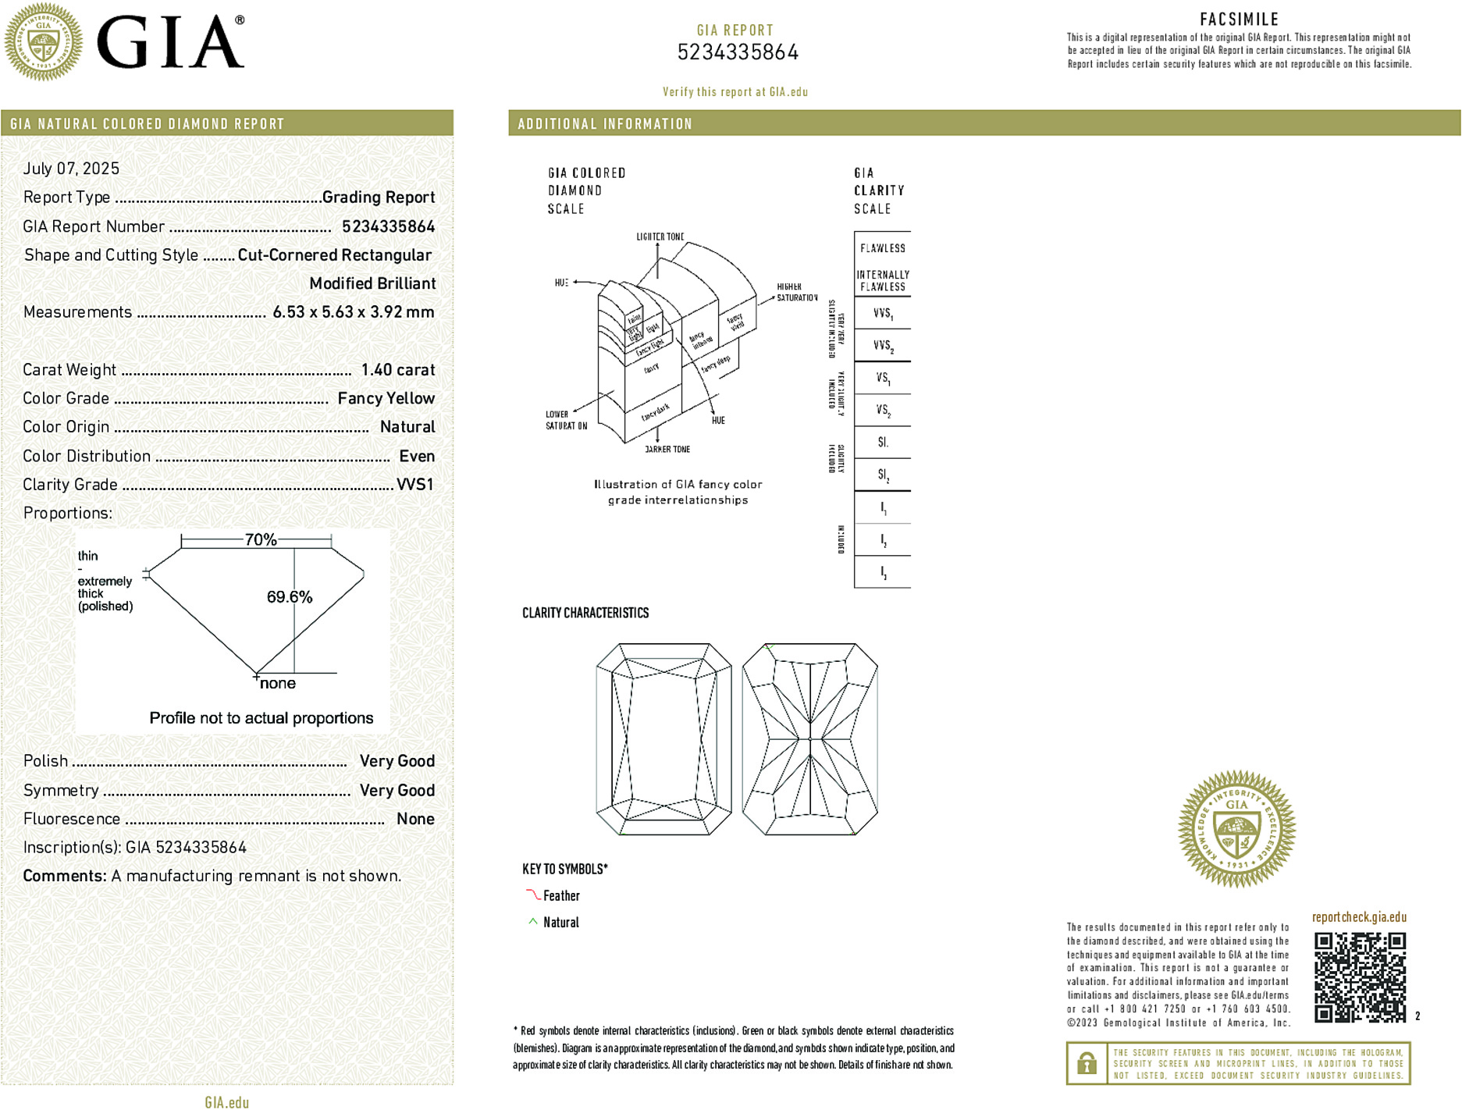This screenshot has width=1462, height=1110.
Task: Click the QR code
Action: pos(1360,977)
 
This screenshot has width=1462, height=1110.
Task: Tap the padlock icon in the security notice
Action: pos(1086,1063)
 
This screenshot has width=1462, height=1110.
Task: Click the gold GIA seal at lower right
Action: pos(1236,829)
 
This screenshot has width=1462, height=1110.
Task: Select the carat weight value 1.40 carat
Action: pos(397,370)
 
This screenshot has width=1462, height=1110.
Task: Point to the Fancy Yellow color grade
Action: pos(386,398)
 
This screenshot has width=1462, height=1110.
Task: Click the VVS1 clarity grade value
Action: pos(414,485)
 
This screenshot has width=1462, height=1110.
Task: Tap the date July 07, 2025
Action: pos(71,169)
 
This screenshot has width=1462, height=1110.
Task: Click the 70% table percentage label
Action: pos(261,539)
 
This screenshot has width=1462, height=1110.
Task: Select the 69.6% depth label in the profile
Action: pos(290,597)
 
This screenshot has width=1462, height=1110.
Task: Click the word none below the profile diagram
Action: pos(278,684)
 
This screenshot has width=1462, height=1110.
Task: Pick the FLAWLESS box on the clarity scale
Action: pos(883,248)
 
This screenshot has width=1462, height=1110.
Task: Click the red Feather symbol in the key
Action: pos(533,895)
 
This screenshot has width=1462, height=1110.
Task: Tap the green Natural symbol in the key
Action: pos(533,922)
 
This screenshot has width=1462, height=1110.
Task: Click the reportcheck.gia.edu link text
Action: pos(1359,917)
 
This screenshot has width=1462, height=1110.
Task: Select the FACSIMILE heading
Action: pos(1239,20)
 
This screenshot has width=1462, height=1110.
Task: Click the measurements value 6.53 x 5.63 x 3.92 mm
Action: pos(353,312)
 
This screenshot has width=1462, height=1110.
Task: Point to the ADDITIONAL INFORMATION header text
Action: pos(605,124)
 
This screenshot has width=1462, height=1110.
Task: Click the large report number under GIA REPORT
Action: pos(738,52)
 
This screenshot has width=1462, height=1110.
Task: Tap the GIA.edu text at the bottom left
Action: pos(227,1102)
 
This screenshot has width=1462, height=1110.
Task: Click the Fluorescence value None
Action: pos(415,819)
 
